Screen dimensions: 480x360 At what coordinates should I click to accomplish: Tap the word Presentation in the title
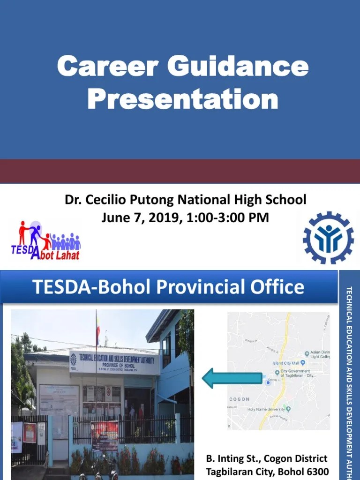183,99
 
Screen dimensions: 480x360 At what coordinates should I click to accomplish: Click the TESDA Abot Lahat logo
46,240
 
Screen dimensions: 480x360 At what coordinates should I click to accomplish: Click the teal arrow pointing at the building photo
232,378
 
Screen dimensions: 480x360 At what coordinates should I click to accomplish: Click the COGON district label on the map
239,399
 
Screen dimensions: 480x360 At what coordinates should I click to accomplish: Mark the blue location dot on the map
268,382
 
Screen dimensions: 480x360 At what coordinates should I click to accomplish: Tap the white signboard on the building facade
114,362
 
